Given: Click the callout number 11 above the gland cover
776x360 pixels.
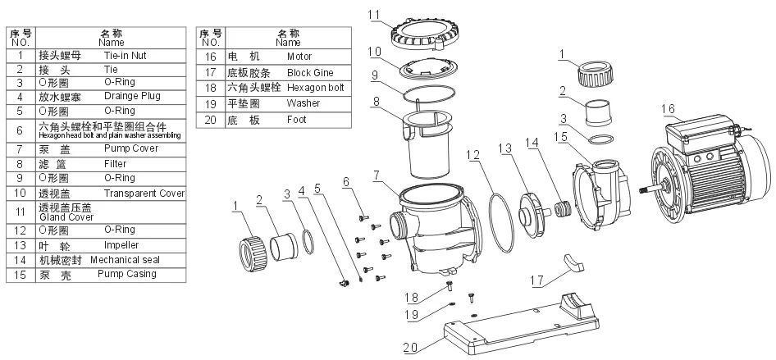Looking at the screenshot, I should (x=397, y=14).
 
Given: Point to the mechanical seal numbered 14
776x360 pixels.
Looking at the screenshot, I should (x=562, y=209).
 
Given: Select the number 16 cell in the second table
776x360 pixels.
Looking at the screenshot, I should (x=210, y=57).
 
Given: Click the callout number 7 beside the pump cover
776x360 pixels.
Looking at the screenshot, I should (x=377, y=175).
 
